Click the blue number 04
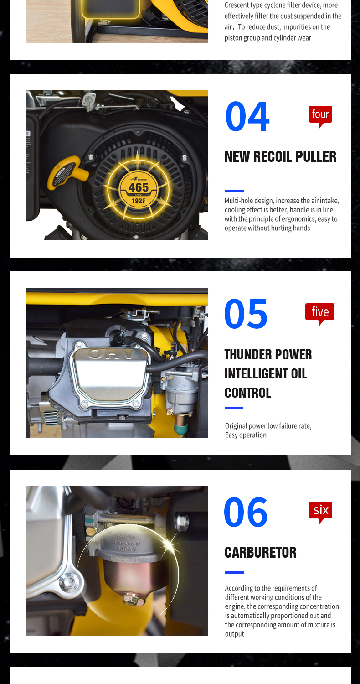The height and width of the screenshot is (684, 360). pyautogui.click(x=247, y=116)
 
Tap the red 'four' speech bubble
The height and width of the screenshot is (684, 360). pyautogui.click(x=320, y=116)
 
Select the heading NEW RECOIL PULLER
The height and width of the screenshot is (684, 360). pyautogui.click(x=280, y=157)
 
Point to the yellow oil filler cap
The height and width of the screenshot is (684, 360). pyautogui.click(x=67, y=172)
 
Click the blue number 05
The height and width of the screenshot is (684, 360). pyautogui.click(x=246, y=314)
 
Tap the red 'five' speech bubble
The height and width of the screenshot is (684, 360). pyautogui.click(x=320, y=314)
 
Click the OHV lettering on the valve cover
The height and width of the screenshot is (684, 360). pyautogui.click(x=111, y=354)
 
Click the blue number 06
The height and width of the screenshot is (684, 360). pyautogui.click(x=246, y=512)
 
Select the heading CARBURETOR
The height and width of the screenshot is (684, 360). pyautogui.click(x=261, y=552)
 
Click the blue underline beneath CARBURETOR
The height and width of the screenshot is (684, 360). pyautogui.click(x=234, y=572)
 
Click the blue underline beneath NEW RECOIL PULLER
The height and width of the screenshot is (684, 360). pyautogui.click(x=234, y=191)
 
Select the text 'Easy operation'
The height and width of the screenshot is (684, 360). pyautogui.click(x=246, y=435)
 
